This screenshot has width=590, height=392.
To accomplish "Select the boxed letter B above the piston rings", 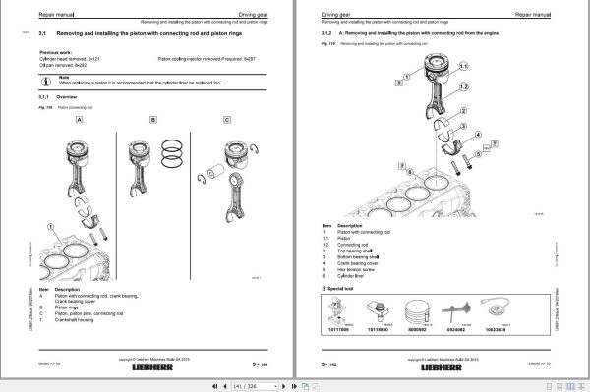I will (x=153, y=120).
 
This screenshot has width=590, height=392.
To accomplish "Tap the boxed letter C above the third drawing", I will (x=227, y=120).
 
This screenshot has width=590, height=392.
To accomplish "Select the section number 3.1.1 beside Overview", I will (x=44, y=98).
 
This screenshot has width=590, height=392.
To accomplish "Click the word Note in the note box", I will (x=64, y=75).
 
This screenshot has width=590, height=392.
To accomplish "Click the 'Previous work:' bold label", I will (x=55, y=52).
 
